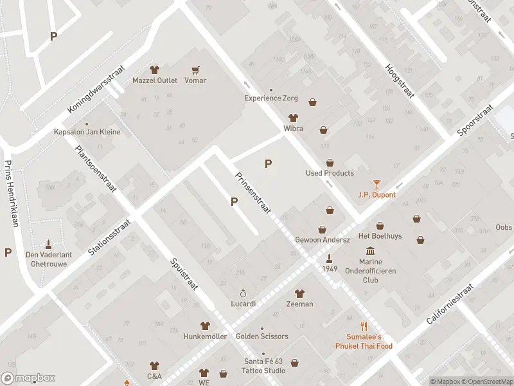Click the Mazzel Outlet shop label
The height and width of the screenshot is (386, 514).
point(154,80)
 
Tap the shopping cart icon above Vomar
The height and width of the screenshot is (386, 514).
point(195,69)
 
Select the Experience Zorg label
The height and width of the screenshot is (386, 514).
point(272,98)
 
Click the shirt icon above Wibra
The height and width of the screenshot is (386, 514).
point(294,118)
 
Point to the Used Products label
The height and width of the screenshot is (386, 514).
point(329,173)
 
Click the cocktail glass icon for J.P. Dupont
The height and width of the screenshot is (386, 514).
point(377,184)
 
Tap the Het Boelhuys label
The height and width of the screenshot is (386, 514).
point(380,236)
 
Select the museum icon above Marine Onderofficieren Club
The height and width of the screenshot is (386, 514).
point(370,251)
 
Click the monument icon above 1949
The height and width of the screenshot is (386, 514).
point(330,259)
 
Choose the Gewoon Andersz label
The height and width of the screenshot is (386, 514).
point(322,240)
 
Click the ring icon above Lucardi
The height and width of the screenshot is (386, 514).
point(244,293)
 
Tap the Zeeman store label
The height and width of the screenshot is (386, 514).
point(299,304)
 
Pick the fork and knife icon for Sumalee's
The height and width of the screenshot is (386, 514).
point(364,326)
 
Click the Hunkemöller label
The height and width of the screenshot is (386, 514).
point(205,336)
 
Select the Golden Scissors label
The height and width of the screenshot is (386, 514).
point(261,336)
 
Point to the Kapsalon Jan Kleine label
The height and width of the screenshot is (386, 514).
point(87,132)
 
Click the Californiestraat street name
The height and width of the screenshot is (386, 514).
point(450,304)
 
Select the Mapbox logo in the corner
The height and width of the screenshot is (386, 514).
point(28,378)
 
